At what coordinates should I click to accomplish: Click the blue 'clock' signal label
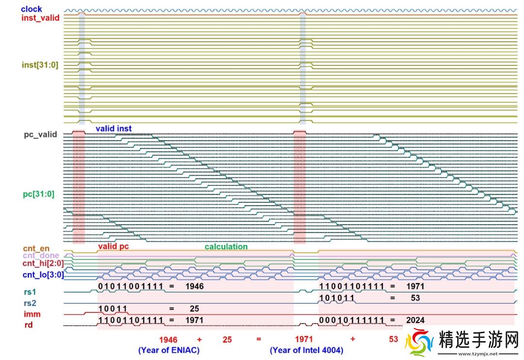click(x=32, y=9)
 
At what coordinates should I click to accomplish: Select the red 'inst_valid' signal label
click(x=40, y=18)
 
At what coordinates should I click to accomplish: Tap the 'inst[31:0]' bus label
click(x=40, y=65)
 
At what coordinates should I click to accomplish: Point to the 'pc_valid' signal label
click(x=40, y=134)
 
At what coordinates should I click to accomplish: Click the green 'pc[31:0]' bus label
click(x=38, y=194)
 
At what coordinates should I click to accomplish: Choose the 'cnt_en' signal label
click(x=36, y=249)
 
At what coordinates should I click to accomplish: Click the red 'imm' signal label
click(x=32, y=314)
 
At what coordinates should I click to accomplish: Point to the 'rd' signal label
click(x=29, y=325)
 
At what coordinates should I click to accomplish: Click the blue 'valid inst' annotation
click(x=114, y=129)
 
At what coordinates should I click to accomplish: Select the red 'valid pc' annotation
click(x=114, y=246)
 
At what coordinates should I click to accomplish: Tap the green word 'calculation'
click(x=226, y=246)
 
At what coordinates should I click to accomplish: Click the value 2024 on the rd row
click(x=415, y=320)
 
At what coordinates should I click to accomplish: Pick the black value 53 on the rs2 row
click(x=415, y=298)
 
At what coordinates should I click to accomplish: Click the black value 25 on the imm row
click(x=194, y=309)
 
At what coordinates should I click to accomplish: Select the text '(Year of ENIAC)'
click(x=169, y=350)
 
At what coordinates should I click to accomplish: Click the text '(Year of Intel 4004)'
click(x=307, y=350)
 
